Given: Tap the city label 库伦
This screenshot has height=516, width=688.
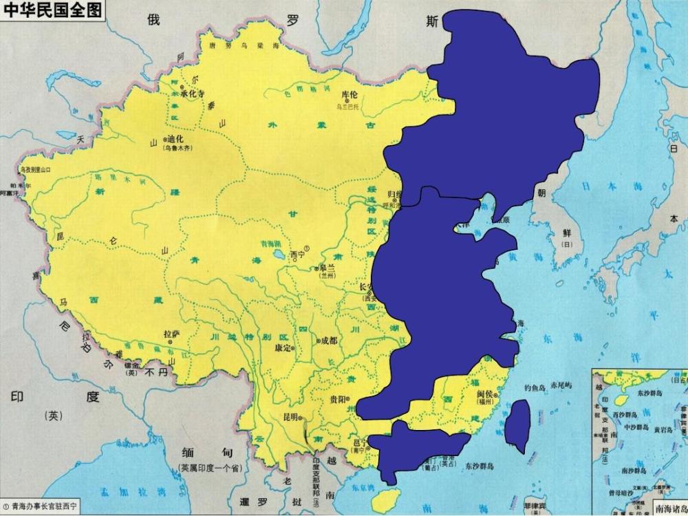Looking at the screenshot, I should (x=350, y=96).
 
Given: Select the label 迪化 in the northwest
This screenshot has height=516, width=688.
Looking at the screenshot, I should (x=169, y=138).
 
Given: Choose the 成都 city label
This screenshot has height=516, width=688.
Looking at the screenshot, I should (x=329, y=340).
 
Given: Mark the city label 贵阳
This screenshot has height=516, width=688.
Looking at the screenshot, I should (x=338, y=398).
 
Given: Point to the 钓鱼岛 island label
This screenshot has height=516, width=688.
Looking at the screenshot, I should (x=535, y=387).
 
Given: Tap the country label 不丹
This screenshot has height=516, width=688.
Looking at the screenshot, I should (x=157, y=372).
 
